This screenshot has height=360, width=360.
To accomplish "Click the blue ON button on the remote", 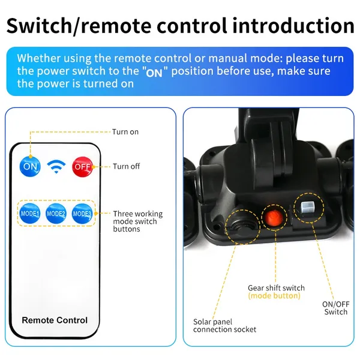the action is tap(30, 166).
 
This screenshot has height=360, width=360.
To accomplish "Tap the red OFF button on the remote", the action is tap(82, 167).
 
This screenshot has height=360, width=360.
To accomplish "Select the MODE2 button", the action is tap(56, 214).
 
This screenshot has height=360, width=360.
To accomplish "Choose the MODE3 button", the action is tap(82, 214).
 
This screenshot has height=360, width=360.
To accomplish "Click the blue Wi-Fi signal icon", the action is tap(56, 167).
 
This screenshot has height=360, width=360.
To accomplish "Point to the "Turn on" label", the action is tap(125, 132).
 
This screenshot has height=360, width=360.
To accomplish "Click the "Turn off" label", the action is tap(126, 166).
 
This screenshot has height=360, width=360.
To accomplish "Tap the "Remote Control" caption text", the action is tap(55, 320).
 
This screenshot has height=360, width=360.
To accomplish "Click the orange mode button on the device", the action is tap(274, 217).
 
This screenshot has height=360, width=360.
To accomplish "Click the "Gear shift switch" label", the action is tap(276, 287).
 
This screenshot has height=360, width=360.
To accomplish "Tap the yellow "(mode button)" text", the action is tap(274, 296).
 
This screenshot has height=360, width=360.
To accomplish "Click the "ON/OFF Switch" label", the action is tap(335, 308).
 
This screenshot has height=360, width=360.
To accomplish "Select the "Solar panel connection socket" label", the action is tap(224, 326).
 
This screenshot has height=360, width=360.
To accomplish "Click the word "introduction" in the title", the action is tap(293, 25).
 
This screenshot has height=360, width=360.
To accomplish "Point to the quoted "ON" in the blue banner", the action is tap(154, 73).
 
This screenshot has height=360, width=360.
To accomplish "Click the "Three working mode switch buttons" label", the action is tap(138, 221).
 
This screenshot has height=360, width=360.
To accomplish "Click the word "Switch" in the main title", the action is tap(39, 25).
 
